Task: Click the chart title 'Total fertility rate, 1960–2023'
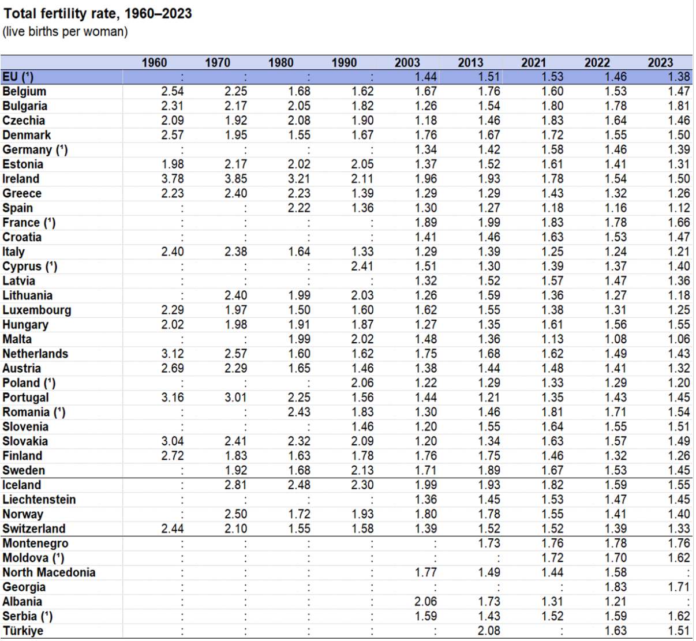point(98,14)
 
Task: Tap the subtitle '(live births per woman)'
point(65,32)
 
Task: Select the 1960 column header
point(154,62)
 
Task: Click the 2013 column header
point(470,62)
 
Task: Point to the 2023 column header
point(660,62)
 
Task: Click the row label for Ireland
point(21,179)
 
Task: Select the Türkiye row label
point(23,631)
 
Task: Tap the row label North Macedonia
point(48,572)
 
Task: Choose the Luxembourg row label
point(37,310)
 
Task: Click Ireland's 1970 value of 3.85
point(235,179)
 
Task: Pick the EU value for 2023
point(679,77)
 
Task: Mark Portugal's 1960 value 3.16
point(172,398)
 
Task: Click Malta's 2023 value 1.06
point(679,339)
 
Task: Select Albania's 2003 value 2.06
point(426,601)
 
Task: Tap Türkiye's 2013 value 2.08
point(489,631)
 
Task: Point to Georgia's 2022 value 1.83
point(616,587)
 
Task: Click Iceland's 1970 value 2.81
point(235,485)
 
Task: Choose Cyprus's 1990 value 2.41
point(362,267)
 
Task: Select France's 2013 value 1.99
point(489,223)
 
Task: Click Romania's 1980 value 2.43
point(299,412)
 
